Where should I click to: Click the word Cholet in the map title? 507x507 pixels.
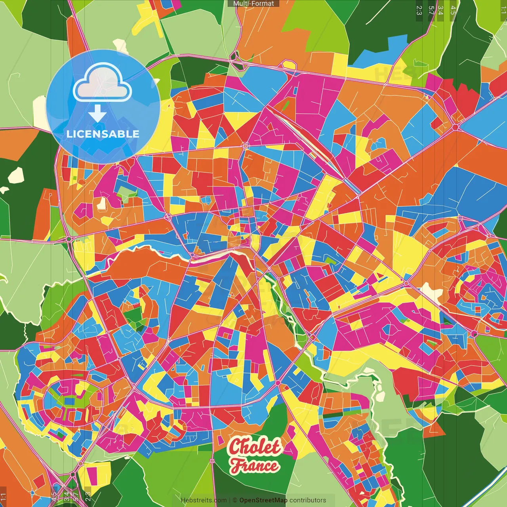point(254,447)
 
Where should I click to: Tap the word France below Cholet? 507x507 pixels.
point(255,465)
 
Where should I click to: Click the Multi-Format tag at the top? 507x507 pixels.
point(253,4)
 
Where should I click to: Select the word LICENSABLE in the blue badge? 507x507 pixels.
point(103,134)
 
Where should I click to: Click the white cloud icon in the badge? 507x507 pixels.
point(103,83)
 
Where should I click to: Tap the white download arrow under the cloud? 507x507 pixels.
point(97,113)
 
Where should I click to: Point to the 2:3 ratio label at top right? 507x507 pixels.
point(419,10)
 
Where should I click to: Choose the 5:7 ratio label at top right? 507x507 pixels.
point(431,10)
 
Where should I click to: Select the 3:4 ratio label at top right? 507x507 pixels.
point(440,10)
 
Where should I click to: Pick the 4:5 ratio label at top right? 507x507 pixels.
point(453,10)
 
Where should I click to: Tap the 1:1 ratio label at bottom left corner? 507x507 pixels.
point(4,497)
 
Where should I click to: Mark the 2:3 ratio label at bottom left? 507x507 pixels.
point(88,497)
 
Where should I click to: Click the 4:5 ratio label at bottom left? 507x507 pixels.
point(54,497)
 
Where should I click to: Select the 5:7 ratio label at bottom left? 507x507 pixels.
point(75,497)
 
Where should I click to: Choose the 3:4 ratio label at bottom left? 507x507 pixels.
point(66,497)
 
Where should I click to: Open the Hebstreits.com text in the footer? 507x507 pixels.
point(204,500)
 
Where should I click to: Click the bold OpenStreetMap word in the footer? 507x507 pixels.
point(263,500)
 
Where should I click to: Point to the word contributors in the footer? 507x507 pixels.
point(308,500)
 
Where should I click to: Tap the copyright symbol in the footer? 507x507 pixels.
point(235,500)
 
